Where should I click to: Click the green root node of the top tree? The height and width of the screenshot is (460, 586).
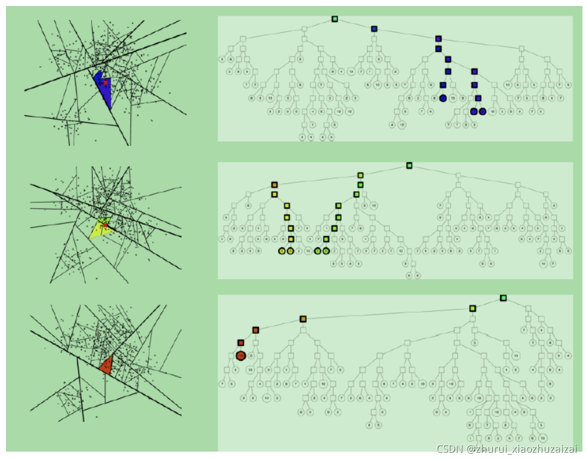click(x=335, y=19)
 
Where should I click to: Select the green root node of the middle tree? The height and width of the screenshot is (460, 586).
click(x=409, y=165)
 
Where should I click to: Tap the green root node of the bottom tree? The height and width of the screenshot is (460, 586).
click(x=503, y=298)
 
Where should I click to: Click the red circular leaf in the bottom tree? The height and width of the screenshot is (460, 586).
click(x=240, y=355)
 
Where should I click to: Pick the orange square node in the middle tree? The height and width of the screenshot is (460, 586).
click(x=274, y=185)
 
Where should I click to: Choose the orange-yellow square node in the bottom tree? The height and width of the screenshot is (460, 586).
click(x=303, y=319)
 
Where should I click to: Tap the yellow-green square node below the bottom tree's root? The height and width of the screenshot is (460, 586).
click(x=472, y=308)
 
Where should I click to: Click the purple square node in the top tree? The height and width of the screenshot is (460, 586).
click(x=438, y=39)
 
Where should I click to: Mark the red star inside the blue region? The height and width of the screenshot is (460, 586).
click(x=106, y=82)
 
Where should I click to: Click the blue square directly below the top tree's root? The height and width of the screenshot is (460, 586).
click(x=374, y=29)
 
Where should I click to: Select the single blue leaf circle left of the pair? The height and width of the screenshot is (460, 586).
click(x=442, y=98)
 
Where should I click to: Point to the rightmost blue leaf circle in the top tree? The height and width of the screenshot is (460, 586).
click(x=483, y=111)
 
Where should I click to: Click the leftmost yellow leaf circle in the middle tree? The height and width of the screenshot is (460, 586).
click(x=282, y=251)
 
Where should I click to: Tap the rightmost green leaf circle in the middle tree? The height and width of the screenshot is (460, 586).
click(x=326, y=251)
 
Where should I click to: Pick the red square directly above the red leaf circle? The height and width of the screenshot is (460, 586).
click(x=240, y=343)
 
